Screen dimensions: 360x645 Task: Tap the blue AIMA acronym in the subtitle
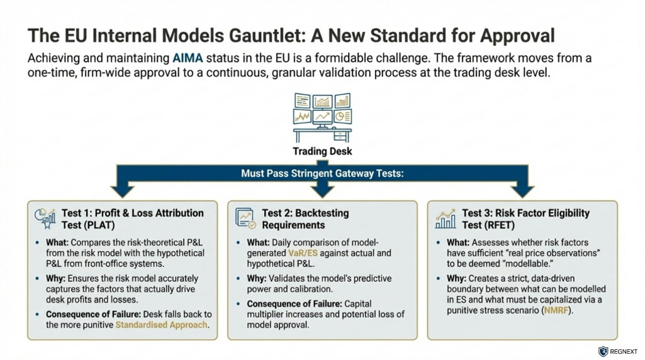pos(188,58)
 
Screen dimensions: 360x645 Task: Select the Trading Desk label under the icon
pos(322,152)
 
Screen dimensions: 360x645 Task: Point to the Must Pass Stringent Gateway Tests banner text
pos(322,173)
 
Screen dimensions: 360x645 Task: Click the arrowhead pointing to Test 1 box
pos(123,191)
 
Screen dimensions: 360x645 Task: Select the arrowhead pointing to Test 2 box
pos(322,191)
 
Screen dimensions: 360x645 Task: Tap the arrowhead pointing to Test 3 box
pos(522,191)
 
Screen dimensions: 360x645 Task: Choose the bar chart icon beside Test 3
pos(446,218)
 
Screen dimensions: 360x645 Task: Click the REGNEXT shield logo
pos(603,351)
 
